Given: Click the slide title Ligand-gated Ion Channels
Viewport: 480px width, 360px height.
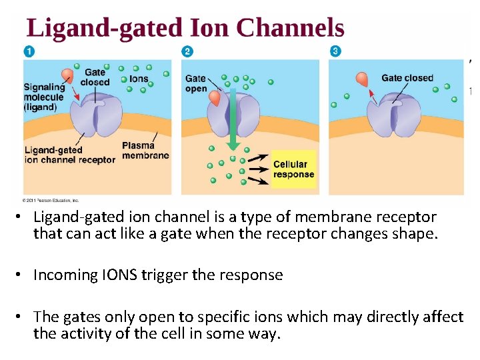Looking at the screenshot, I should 185,28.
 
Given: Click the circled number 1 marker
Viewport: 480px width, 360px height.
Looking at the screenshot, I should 29,51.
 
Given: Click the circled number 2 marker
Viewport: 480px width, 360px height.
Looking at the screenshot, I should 187,51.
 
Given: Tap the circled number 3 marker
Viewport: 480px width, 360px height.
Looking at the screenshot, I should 335,51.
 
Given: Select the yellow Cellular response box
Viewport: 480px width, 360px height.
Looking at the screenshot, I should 293,169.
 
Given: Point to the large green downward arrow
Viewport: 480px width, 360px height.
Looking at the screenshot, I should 233,120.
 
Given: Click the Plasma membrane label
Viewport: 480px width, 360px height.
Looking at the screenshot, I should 145,151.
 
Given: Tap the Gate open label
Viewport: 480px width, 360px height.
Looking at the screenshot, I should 196,83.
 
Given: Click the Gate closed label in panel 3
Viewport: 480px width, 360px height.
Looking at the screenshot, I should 407,78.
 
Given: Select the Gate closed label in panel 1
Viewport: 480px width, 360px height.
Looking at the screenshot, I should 95,77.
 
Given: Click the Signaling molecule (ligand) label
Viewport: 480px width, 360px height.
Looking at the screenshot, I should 44,97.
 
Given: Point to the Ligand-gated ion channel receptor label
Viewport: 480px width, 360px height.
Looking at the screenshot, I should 69,155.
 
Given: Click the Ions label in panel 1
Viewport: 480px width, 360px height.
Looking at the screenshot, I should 139,79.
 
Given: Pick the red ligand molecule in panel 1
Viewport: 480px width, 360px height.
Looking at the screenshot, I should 68,76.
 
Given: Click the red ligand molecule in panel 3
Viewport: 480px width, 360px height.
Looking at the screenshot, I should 361,79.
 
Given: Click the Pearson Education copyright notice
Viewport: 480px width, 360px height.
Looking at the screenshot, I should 51,199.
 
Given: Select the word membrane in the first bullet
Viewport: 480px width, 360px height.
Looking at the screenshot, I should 329,217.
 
